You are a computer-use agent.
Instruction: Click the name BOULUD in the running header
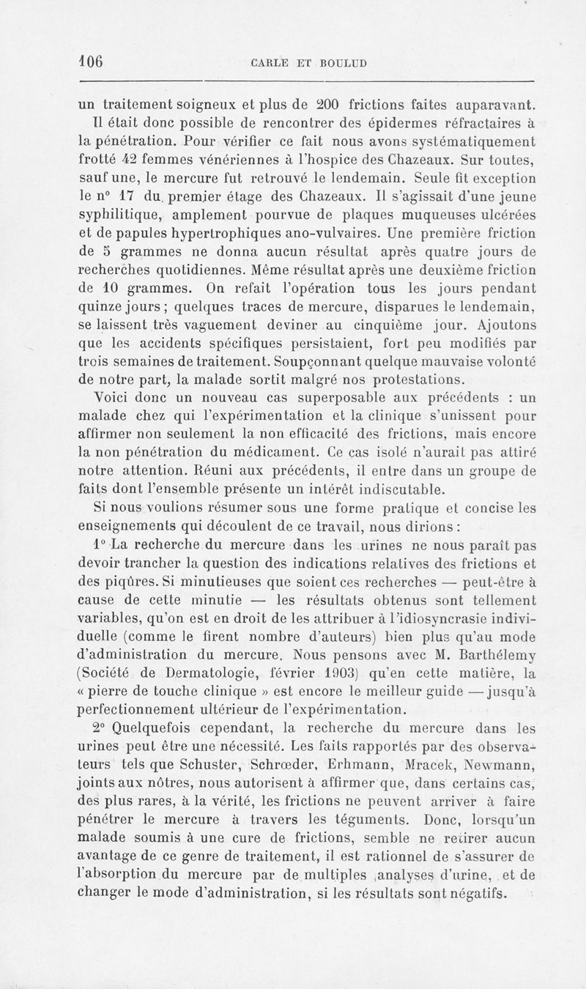(x=339, y=62)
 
